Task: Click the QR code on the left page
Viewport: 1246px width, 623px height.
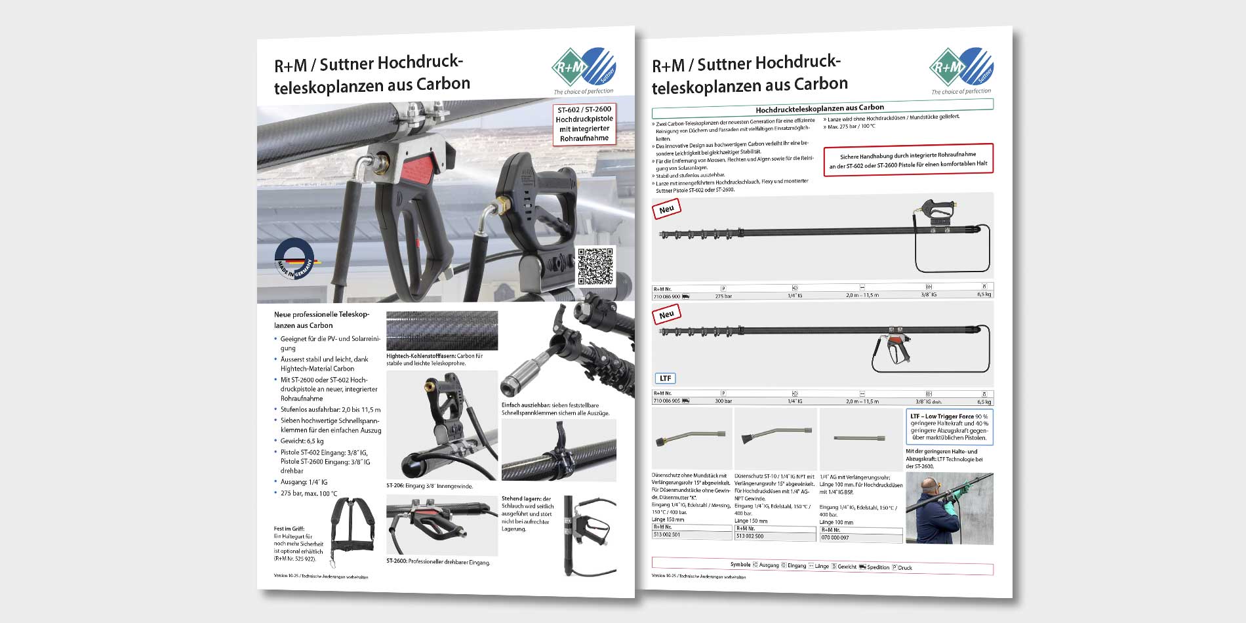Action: [x=596, y=267]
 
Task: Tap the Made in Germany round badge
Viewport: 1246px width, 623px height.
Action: [x=294, y=260]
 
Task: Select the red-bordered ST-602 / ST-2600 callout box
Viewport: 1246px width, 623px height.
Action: [x=584, y=123]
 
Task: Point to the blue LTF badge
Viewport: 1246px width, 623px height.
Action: [x=665, y=378]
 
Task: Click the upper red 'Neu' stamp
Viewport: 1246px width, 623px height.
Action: [x=667, y=209]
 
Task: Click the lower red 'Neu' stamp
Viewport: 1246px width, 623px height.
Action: [x=667, y=315]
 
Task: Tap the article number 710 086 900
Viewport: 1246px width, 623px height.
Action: [x=667, y=296]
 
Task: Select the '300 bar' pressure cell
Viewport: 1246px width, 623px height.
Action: [x=723, y=401]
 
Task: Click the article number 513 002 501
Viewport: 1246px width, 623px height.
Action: [x=667, y=535]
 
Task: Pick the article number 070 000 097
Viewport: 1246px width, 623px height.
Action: [x=835, y=538]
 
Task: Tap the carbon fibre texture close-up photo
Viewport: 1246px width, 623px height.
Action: [x=441, y=331]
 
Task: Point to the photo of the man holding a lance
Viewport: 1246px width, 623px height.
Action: [x=949, y=508]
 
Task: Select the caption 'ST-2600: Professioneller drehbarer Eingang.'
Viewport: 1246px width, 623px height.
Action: [x=438, y=563]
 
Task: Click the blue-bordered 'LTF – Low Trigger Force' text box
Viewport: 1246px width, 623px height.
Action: [x=949, y=427]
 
